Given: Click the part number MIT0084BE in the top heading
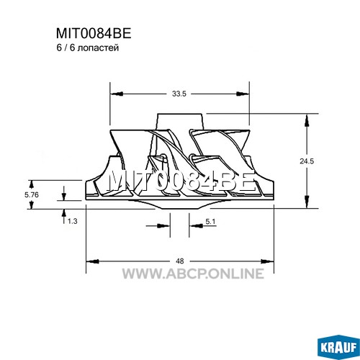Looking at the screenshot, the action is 94,33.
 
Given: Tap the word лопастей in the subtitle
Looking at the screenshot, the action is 99,48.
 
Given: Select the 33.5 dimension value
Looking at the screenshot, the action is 179,94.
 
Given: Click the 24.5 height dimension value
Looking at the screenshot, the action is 307,161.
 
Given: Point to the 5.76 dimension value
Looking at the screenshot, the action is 32,194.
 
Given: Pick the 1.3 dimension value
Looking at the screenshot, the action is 72,221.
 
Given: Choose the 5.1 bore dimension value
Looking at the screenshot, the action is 210,222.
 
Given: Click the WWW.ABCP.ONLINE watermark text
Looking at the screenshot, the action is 193,274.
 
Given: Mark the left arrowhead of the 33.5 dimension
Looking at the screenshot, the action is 117,94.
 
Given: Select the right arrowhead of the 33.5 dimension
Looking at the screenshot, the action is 243,94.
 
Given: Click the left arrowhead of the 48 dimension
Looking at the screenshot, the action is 93,261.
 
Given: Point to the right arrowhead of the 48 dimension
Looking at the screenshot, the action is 267,261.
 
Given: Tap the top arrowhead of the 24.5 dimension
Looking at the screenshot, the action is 307,121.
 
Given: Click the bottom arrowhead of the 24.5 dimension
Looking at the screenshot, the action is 307,202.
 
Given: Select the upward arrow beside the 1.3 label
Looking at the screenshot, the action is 64,217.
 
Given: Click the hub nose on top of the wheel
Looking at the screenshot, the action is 180,122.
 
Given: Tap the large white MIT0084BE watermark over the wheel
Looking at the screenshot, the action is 181,181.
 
